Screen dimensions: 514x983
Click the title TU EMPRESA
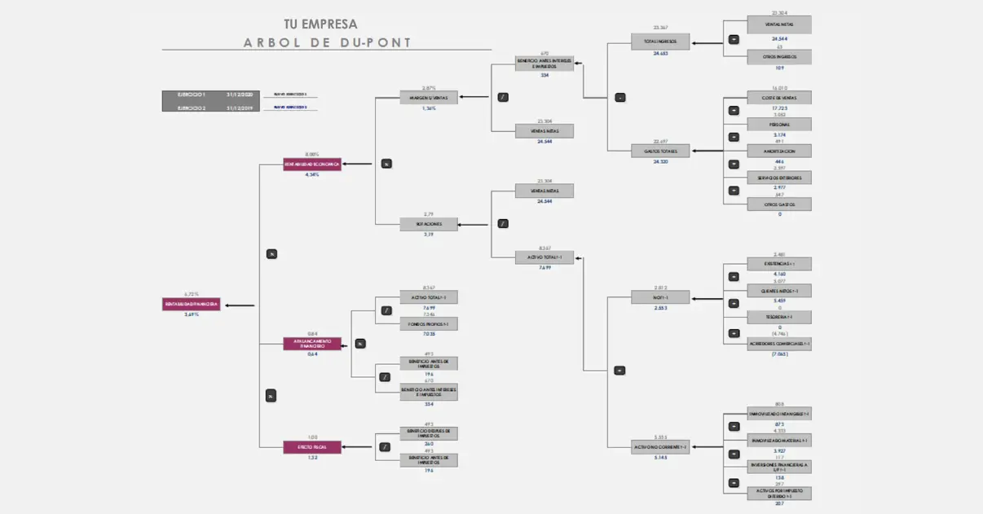[x=320, y=24]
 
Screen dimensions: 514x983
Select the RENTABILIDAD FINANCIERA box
[x=191, y=305]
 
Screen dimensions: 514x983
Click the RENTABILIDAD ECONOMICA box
[x=312, y=164]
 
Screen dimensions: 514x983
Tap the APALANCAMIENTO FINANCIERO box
[x=312, y=344]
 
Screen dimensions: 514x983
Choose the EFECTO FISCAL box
[x=312, y=446]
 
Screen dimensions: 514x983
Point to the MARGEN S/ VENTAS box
[x=429, y=98]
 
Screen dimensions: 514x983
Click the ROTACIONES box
[x=429, y=224]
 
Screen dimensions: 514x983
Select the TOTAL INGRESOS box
[x=660, y=42]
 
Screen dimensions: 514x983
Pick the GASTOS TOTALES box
[x=660, y=151]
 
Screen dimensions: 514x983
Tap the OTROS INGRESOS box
[x=779, y=57]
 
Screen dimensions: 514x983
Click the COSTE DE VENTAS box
[x=779, y=98]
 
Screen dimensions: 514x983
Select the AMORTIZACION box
[x=779, y=151]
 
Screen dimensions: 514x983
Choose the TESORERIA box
[x=779, y=317]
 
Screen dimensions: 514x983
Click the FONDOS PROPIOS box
[x=429, y=323]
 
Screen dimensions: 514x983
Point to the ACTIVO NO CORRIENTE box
[x=660, y=446]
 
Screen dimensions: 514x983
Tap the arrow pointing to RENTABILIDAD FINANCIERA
[x=239, y=305]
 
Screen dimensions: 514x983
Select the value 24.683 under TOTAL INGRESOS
[x=660, y=54]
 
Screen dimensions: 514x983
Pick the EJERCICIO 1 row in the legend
[x=210, y=95]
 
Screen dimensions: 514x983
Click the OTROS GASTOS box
[x=779, y=204]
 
